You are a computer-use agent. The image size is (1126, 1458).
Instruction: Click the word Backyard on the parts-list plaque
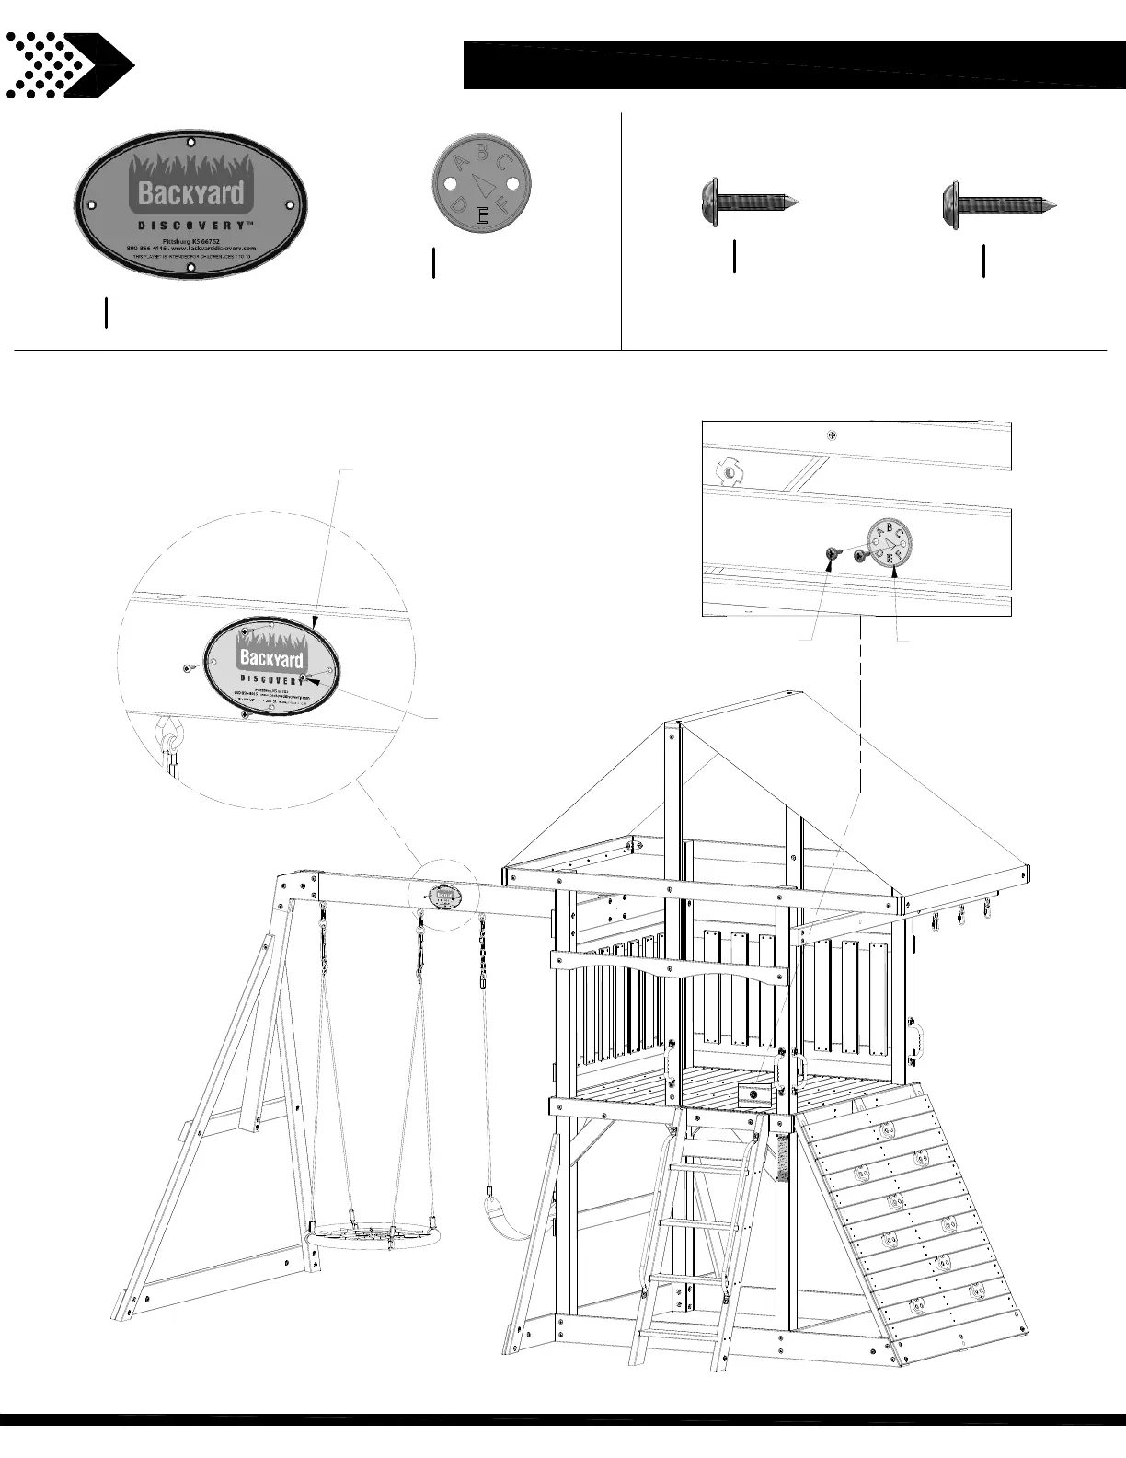(x=191, y=192)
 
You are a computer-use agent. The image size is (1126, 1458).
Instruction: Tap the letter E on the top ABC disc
(x=480, y=216)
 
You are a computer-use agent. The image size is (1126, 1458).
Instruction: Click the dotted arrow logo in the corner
(x=68, y=65)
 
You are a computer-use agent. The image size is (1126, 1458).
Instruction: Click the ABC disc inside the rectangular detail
(x=889, y=545)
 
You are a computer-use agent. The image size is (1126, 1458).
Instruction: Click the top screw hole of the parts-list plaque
(x=190, y=142)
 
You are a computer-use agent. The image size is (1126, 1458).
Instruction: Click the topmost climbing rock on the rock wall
(x=888, y=1129)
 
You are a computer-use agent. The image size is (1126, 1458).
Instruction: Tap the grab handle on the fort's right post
(x=916, y=1038)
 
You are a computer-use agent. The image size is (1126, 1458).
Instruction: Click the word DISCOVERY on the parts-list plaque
(x=191, y=226)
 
